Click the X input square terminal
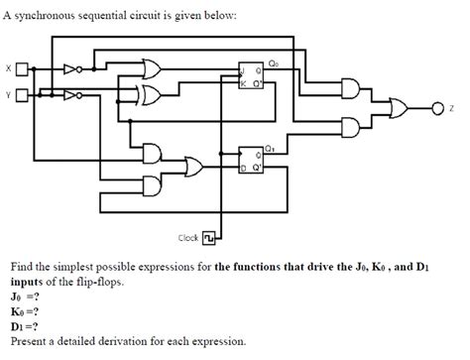tap(22, 69)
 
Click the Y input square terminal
tap(22, 95)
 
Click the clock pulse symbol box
tap(208, 238)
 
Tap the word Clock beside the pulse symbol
tap(187, 238)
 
